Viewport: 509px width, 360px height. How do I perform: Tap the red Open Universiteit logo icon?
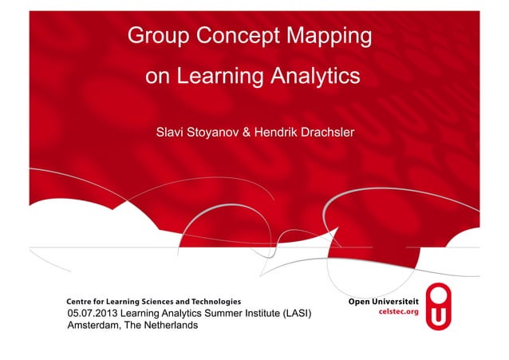pos(440,306)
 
